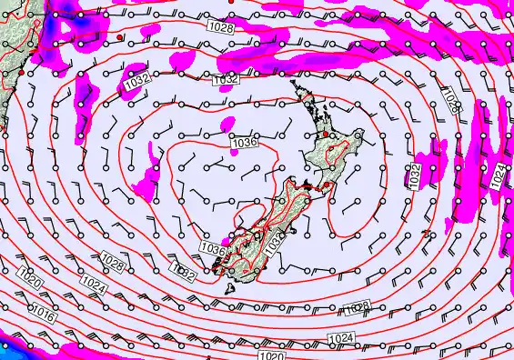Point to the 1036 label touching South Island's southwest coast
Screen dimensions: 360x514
click(x=211, y=248)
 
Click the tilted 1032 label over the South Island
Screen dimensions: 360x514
click(x=276, y=241)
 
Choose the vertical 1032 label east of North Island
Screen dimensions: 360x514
click(x=415, y=175)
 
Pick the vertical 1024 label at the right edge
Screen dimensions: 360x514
click(x=499, y=176)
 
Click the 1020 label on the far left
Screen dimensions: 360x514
click(x=28, y=283)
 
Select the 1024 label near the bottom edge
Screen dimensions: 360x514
click(x=340, y=339)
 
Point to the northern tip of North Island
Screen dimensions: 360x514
click(x=294, y=84)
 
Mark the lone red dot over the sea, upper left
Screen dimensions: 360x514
click(x=120, y=37)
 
